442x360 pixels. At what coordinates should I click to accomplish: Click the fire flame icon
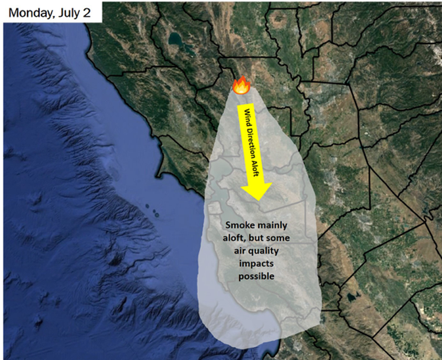(x=241, y=85)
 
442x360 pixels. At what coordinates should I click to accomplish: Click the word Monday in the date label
(x=30, y=12)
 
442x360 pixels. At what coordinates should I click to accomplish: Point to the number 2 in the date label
(x=86, y=12)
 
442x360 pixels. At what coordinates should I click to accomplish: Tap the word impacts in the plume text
(x=256, y=264)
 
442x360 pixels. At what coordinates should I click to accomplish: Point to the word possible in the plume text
(x=256, y=277)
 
